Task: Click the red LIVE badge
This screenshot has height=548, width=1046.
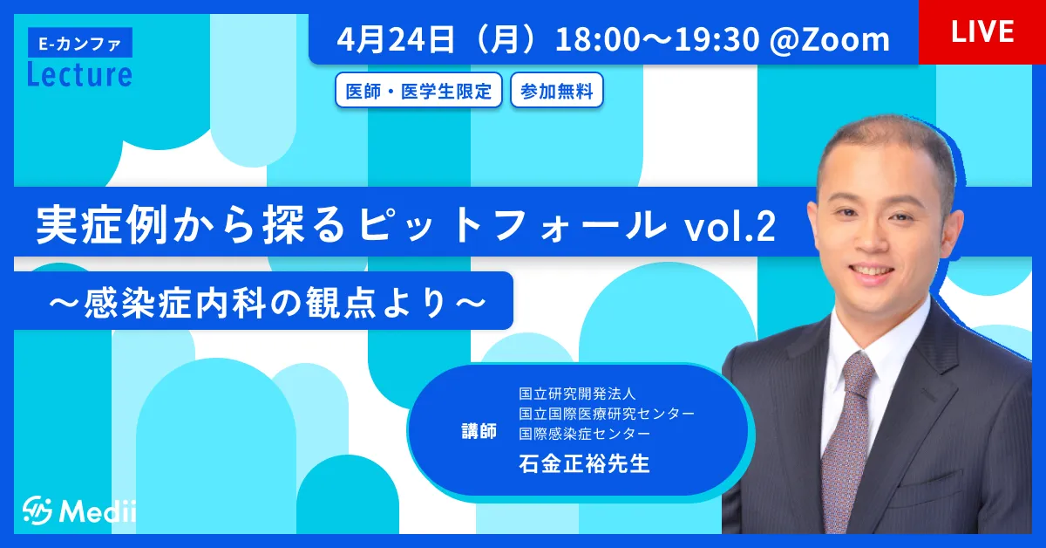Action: pos(982,31)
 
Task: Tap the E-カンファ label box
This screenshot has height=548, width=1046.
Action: pos(80,43)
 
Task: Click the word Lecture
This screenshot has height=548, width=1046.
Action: pos(80,75)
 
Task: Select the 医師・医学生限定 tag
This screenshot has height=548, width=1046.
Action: pos(418,90)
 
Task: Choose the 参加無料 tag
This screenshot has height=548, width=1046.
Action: pos(557,90)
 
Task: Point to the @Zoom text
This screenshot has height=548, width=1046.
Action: pos(829,39)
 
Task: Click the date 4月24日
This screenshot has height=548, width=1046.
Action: pos(395,39)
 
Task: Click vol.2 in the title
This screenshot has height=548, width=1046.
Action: pos(730,226)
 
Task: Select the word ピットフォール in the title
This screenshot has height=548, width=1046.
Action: pos(511,225)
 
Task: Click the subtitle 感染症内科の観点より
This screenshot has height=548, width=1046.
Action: pos(267,303)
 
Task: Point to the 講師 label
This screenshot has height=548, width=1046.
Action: pos(479,431)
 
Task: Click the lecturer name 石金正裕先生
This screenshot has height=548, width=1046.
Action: pos(584,464)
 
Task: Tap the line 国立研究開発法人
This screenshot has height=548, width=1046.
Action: pos(577,394)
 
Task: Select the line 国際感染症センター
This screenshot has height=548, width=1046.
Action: pos(584,434)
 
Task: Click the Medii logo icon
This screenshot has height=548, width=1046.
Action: pos(37,510)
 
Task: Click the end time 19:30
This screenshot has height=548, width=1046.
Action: pos(717,39)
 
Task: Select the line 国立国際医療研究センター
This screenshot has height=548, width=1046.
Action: pos(607,414)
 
